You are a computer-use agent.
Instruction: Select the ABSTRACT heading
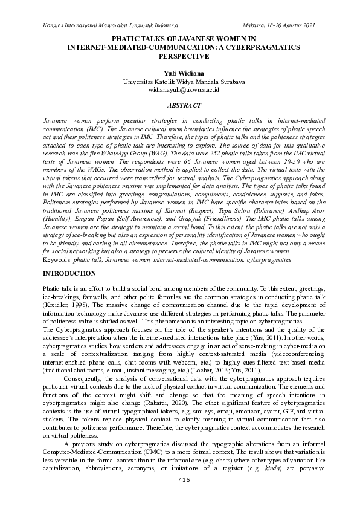tap(179, 105)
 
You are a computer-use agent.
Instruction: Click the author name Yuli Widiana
tap(179, 73)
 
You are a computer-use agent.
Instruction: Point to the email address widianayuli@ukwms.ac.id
tap(179, 89)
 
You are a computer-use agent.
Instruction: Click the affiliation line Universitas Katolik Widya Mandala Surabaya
tap(179, 81)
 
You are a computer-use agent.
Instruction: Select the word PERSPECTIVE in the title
tap(179, 56)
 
